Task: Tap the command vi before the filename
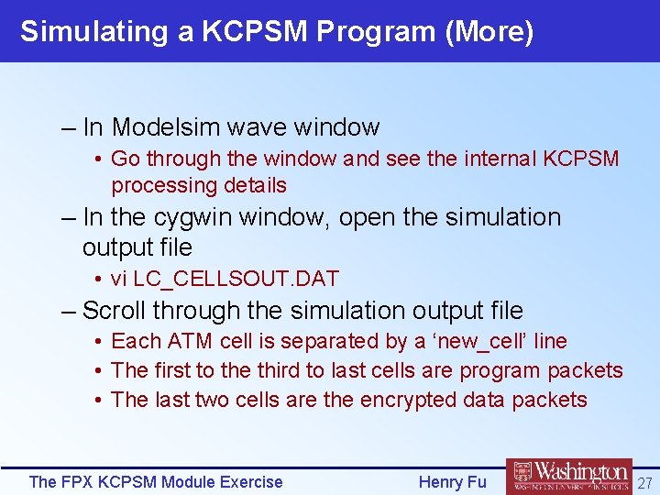119,279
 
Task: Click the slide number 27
644,482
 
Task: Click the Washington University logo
568,477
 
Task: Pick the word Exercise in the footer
249,482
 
